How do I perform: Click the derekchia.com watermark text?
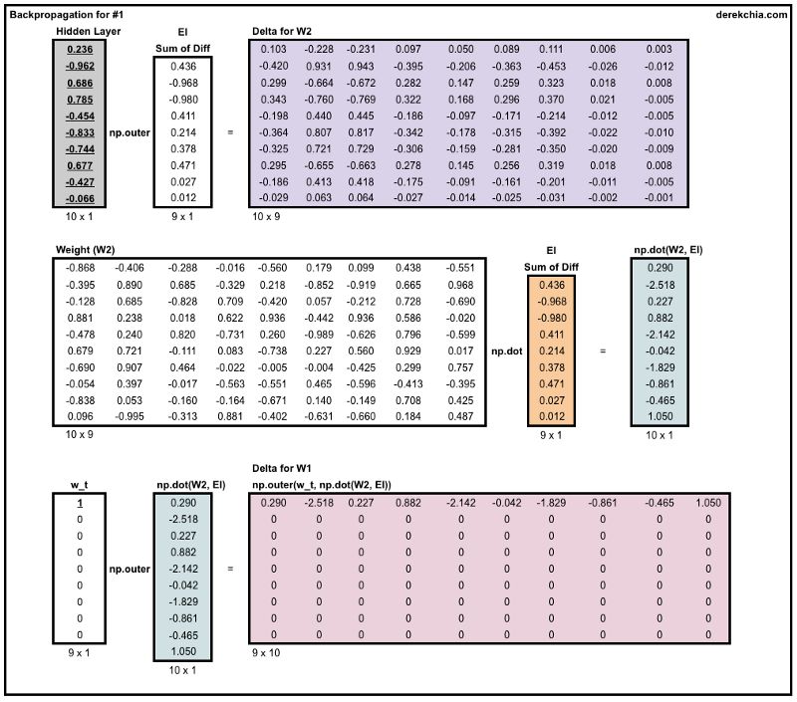[752, 15]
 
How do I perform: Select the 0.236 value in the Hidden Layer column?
[81, 49]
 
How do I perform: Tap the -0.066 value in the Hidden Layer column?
[81, 199]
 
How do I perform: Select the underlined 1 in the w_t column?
[81, 503]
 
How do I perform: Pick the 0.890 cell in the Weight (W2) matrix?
[130, 285]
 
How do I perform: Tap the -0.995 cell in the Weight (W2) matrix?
[130, 416]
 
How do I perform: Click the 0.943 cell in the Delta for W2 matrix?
[360, 66]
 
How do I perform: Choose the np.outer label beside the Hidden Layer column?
[130, 131]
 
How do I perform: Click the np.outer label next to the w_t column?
[130, 569]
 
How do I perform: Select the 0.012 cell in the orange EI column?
[551, 416]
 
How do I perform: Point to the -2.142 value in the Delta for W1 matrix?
[458, 503]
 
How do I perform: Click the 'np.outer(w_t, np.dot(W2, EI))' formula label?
[322, 484]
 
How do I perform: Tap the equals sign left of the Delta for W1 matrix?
[231, 569]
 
